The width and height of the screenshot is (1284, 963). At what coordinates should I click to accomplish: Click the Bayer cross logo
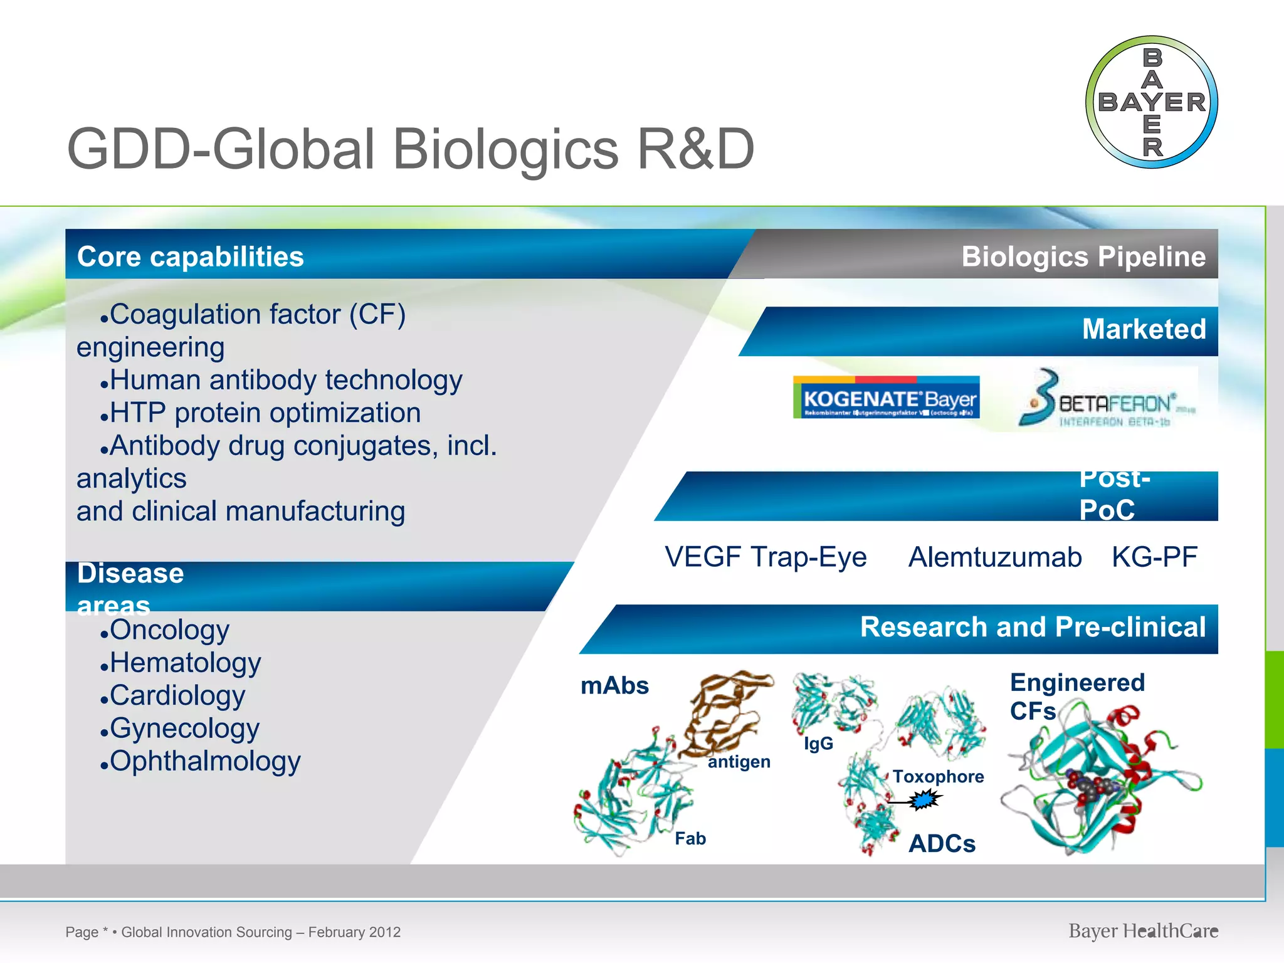pyautogui.click(x=1152, y=102)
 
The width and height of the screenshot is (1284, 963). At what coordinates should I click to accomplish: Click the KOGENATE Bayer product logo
pyautogui.click(x=886, y=397)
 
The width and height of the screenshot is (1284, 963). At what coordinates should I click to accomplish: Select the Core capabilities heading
pyautogui.click(x=190, y=257)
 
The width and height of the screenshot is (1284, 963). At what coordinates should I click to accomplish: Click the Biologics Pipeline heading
pyautogui.click(x=1083, y=256)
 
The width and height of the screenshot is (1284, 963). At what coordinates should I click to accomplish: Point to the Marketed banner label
pyautogui.click(x=1144, y=330)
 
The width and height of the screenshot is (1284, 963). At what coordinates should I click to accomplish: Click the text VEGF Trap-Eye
pyautogui.click(x=766, y=557)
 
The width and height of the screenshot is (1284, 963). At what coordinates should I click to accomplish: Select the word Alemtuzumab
pyautogui.click(x=995, y=557)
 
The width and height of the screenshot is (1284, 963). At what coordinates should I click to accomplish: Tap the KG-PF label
pyautogui.click(x=1154, y=557)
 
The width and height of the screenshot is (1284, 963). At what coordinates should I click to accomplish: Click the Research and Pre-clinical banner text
pyautogui.click(x=1033, y=628)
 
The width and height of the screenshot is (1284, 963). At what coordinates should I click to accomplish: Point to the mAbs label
pyautogui.click(x=614, y=686)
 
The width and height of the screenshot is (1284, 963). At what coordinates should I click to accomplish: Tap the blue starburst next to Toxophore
pyautogui.click(x=924, y=800)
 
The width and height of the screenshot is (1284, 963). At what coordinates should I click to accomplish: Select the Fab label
pyautogui.click(x=690, y=839)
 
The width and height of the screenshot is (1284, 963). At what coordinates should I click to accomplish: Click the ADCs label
pyautogui.click(x=942, y=844)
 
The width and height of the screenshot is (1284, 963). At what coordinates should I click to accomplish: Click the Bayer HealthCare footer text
pyautogui.click(x=1143, y=931)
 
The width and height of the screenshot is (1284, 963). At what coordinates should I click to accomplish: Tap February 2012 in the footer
pyautogui.click(x=354, y=932)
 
